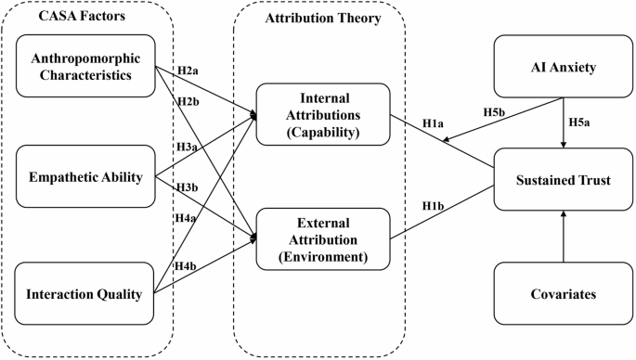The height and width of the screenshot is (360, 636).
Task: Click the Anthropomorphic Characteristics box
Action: (x=85, y=66)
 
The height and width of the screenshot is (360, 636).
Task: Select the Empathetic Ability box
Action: (x=85, y=176)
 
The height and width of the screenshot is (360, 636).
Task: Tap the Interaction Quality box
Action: (x=84, y=293)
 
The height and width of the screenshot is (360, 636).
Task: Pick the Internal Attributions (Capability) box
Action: (x=323, y=114)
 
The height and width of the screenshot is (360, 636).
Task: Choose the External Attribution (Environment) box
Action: (x=323, y=239)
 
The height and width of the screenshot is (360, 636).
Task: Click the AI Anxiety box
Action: (x=564, y=67)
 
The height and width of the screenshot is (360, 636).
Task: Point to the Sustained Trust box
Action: (x=564, y=179)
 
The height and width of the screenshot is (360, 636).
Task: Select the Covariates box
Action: (x=564, y=293)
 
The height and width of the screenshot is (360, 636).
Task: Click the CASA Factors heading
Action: (x=82, y=16)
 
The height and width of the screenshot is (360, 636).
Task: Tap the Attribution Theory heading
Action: (x=323, y=19)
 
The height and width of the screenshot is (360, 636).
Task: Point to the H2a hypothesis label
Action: (x=188, y=71)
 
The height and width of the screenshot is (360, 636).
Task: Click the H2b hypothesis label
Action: (x=188, y=101)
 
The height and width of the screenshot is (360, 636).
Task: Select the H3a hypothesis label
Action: (x=187, y=147)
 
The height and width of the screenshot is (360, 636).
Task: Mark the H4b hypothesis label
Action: (x=186, y=266)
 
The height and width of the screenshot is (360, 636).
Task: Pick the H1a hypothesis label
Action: (x=433, y=123)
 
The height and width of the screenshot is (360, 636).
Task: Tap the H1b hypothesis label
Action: (x=433, y=206)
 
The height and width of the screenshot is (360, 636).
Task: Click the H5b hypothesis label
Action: (x=494, y=112)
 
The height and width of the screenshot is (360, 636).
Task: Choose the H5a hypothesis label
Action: (x=579, y=122)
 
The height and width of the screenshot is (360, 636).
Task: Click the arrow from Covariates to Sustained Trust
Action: (x=564, y=237)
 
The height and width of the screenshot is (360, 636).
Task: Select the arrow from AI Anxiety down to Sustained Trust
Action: (x=564, y=122)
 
